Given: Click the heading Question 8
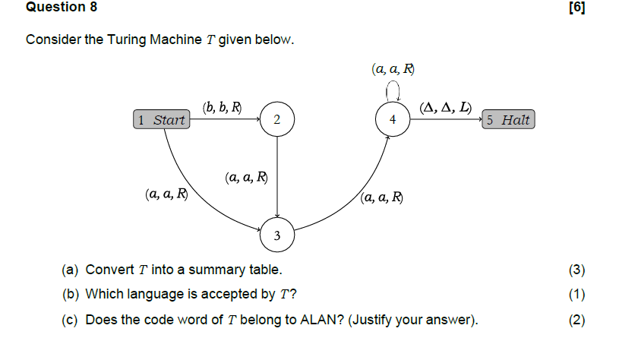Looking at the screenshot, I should [55, 8].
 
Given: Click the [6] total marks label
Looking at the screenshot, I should [576, 8].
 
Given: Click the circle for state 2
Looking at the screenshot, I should [276, 120].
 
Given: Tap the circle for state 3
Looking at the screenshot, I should [276, 237].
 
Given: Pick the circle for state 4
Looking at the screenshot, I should [392, 120].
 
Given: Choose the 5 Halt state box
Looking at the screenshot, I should [508, 120].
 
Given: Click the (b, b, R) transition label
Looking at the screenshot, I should [222, 107].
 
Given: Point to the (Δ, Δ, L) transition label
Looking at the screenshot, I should [445, 107].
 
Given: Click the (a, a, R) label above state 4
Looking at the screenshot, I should [393, 69].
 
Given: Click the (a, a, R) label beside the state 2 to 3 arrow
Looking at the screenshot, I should [246, 178].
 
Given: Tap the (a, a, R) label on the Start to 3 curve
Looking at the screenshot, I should [166, 194].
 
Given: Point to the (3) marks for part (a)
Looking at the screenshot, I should [576, 270].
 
